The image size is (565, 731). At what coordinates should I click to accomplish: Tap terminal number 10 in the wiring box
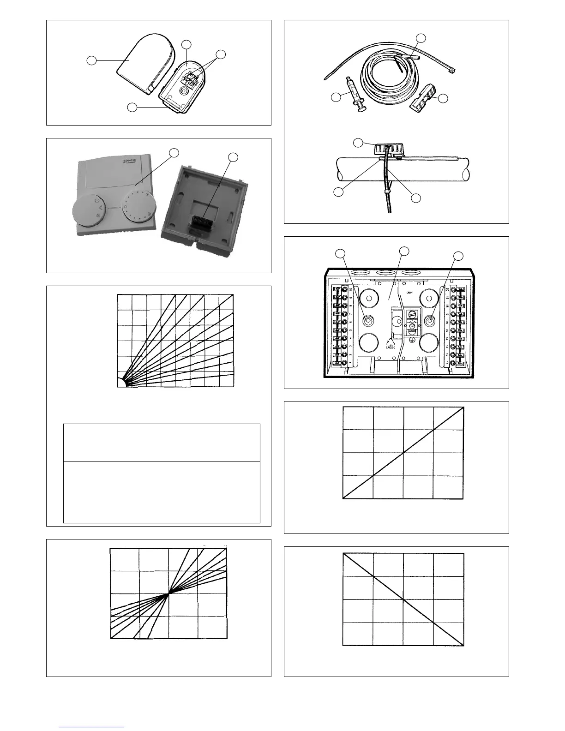tap(351, 289)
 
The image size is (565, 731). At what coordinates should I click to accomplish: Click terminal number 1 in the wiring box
tap(351, 363)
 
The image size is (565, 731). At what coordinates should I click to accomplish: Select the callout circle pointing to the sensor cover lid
tap(92, 60)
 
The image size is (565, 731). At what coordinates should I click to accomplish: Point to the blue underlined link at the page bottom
tap(92, 727)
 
